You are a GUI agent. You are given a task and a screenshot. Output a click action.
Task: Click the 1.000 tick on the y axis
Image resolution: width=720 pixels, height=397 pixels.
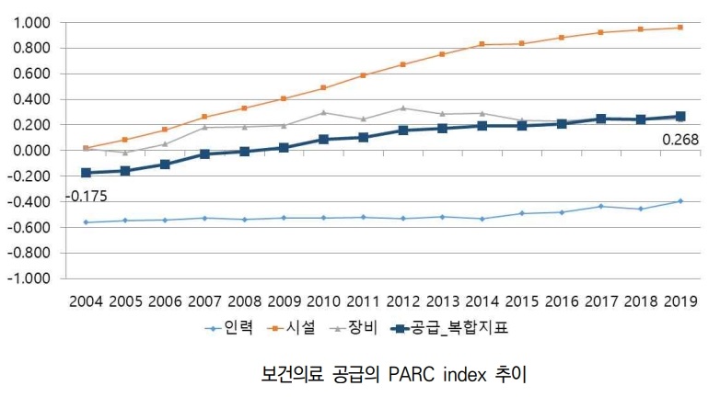pyautogui.click(x=34, y=22)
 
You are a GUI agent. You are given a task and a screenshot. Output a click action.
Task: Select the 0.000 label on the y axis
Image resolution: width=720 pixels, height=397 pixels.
pyautogui.click(x=34, y=150)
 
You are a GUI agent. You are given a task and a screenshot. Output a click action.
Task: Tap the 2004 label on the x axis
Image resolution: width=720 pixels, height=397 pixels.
pyautogui.click(x=87, y=301)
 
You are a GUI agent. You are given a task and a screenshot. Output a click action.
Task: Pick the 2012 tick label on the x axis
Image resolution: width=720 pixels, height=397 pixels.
pyautogui.click(x=403, y=301)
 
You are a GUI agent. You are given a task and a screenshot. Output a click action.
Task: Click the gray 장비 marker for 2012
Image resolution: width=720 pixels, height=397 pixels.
pyautogui.click(x=403, y=108)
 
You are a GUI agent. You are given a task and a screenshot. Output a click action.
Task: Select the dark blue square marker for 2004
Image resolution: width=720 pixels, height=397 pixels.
pyautogui.click(x=87, y=173)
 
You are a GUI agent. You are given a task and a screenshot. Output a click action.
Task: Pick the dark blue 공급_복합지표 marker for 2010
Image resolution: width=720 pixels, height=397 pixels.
pyautogui.click(x=324, y=139)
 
